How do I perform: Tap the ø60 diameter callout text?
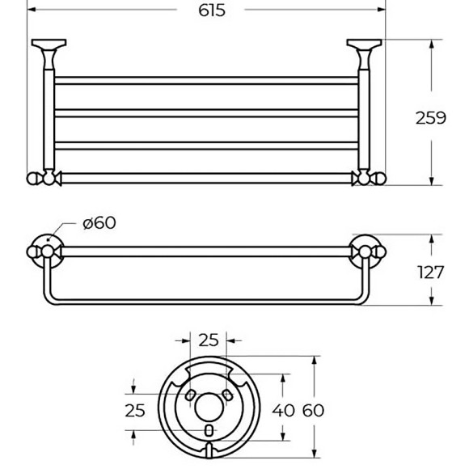coord(99,223)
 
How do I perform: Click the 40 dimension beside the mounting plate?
coord(284,410)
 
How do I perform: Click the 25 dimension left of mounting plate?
coord(135,410)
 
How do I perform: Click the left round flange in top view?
coord(44,252)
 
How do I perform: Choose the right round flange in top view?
coord(366,252)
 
